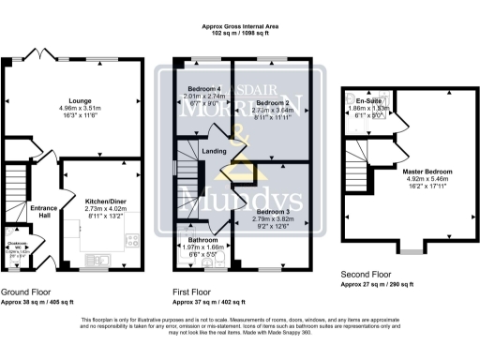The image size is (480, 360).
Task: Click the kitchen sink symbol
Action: (x=103, y=256)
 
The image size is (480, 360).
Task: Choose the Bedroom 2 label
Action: (x=271, y=102)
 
